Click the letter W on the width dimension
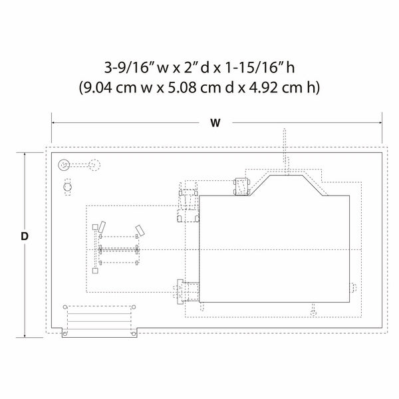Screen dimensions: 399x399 click(215, 123)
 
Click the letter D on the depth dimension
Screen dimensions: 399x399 click(25, 236)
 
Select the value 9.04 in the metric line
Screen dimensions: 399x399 click(98, 88)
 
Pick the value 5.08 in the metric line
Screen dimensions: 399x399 click(182, 88)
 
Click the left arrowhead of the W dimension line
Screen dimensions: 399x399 click(53, 122)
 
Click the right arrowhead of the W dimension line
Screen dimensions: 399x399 click(380, 122)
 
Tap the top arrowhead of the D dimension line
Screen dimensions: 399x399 click(25, 155)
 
